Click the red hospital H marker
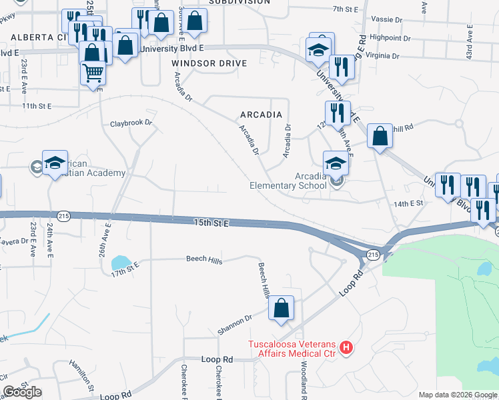(346, 347)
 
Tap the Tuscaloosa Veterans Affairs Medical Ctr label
(294, 349)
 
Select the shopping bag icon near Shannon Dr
(282, 309)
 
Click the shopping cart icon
(93, 72)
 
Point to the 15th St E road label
(211, 223)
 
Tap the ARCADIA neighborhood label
(261, 115)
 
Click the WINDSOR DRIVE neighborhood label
(209, 63)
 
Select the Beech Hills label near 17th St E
(204, 260)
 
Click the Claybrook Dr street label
(131, 123)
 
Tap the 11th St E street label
(36, 105)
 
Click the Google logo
(22, 392)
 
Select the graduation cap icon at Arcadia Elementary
(336, 162)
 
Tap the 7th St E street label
(346, 9)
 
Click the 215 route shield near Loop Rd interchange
(372, 255)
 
